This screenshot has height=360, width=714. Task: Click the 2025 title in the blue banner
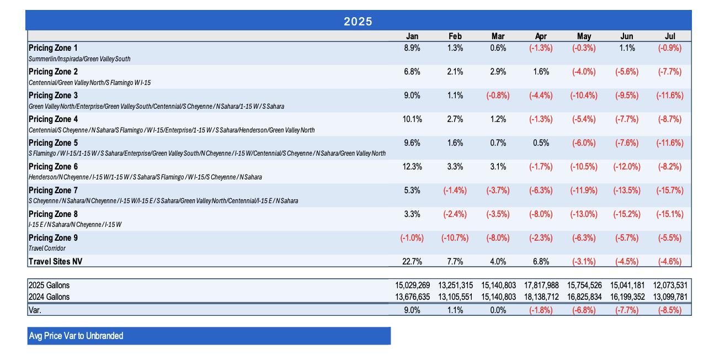(x=358, y=22)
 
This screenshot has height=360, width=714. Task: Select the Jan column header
(x=412, y=36)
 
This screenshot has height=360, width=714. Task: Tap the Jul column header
(x=670, y=36)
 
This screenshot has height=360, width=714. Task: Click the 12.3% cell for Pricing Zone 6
(x=412, y=167)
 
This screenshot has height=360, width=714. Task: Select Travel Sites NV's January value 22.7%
(x=412, y=262)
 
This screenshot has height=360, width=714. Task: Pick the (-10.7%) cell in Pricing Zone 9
(x=455, y=238)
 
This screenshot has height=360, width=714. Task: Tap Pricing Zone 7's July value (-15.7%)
(x=670, y=190)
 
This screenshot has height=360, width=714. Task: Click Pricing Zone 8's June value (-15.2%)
(x=627, y=214)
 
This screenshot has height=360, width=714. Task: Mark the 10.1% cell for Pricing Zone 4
(x=412, y=119)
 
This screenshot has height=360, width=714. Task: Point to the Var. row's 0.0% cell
(x=498, y=310)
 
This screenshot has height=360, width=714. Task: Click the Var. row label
(x=35, y=310)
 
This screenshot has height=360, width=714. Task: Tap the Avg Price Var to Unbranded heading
(x=76, y=336)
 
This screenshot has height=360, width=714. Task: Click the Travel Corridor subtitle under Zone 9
(x=47, y=248)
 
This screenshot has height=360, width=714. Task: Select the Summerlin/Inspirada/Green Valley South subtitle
(x=79, y=59)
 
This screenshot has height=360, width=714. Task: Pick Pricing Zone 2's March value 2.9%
(x=498, y=72)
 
